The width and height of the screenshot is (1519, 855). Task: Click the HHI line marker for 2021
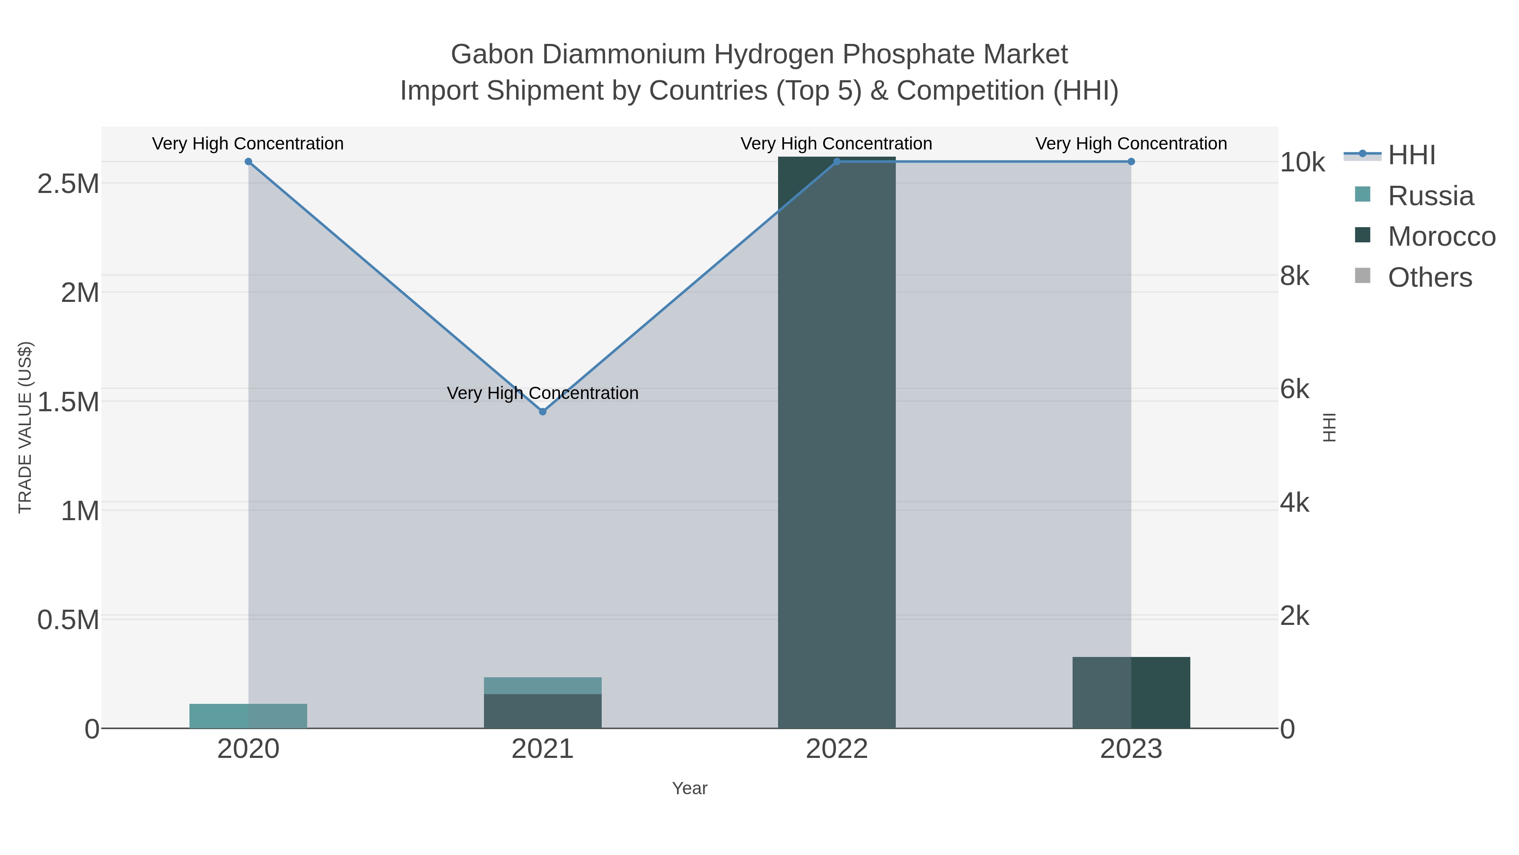pos(543,411)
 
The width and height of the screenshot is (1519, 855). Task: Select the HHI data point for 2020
pos(248,162)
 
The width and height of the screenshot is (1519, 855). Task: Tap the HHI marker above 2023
pos(1131,162)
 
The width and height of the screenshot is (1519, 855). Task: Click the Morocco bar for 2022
pos(837,442)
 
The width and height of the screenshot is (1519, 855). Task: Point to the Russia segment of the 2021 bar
pos(543,686)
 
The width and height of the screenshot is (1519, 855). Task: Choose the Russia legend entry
pos(1430,196)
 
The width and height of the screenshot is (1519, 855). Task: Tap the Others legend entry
pos(1430,277)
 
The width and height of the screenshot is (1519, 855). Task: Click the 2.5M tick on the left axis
pos(68,184)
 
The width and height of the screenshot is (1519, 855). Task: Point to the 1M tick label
pos(80,511)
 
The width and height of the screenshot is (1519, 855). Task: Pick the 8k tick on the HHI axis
pos(1295,276)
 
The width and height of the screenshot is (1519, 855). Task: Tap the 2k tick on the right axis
pos(1295,616)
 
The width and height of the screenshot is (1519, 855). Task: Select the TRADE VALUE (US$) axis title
pos(25,427)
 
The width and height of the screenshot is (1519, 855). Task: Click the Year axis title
pos(689,788)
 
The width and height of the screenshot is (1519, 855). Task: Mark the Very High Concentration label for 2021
pos(543,393)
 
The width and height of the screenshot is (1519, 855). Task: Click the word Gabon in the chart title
pos(492,54)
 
